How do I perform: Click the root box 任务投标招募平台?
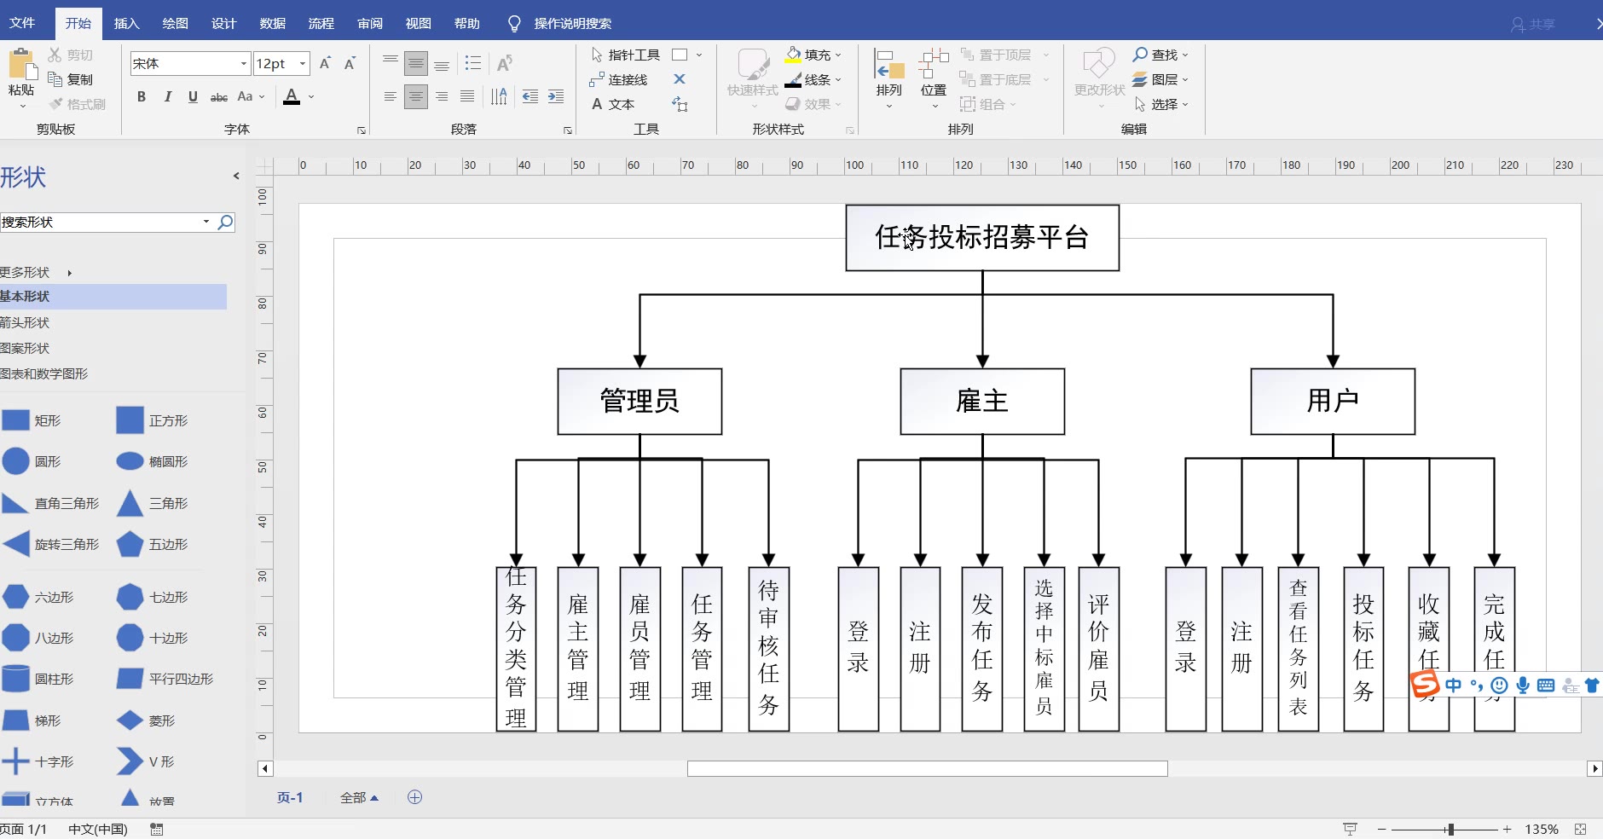click(981, 237)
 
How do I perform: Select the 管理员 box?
click(639, 401)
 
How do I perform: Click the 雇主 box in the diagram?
click(982, 401)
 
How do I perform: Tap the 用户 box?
click(1332, 401)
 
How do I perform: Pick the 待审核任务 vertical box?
click(768, 648)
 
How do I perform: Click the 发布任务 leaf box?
click(982, 648)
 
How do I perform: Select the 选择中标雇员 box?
click(1044, 648)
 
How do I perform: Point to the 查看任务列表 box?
click(1298, 648)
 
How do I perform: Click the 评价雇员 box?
click(1098, 648)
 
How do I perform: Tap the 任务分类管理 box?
click(516, 648)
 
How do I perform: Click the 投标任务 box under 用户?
click(1363, 648)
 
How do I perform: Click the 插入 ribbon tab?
click(126, 23)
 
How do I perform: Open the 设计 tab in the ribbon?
click(223, 23)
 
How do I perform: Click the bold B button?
click(142, 96)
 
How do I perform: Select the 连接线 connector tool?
click(619, 79)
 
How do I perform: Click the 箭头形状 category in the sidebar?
click(26, 322)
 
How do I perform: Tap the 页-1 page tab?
click(290, 797)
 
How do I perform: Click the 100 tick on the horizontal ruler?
click(854, 165)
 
